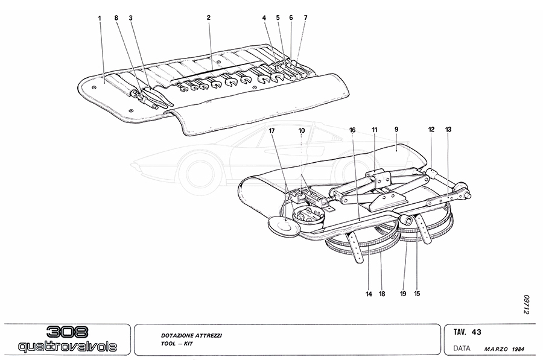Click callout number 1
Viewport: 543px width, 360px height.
pos(100,18)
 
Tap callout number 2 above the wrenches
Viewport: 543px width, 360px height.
pos(208,18)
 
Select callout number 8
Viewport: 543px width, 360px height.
pos(116,18)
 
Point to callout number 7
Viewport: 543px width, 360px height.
pos(306,18)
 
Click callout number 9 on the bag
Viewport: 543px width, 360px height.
pos(396,130)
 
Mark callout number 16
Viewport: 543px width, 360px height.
pos(352,130)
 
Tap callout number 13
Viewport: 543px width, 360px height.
pos(448,130)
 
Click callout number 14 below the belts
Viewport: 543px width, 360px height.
pos(367,294)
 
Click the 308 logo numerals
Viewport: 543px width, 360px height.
pos(68,333)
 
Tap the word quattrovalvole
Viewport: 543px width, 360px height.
pos(68,347)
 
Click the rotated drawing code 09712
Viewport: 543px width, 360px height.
pos(526,305)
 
